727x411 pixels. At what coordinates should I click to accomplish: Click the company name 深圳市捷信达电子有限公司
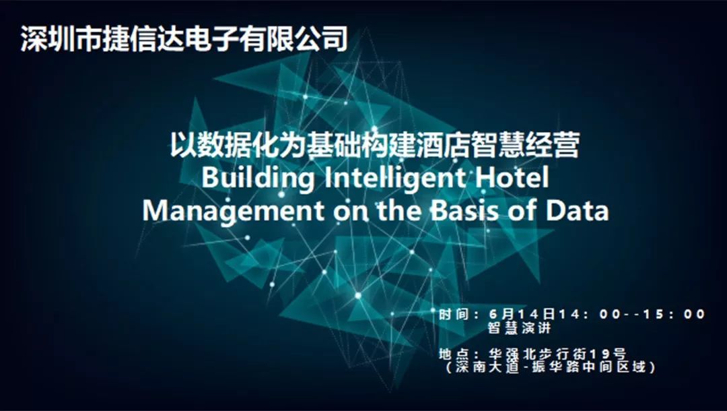(184, 38)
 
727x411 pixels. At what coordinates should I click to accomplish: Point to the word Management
(233, 211)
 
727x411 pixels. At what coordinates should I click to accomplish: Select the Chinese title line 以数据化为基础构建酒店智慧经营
(375, 145)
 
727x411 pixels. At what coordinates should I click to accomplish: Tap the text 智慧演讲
(519, 328)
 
